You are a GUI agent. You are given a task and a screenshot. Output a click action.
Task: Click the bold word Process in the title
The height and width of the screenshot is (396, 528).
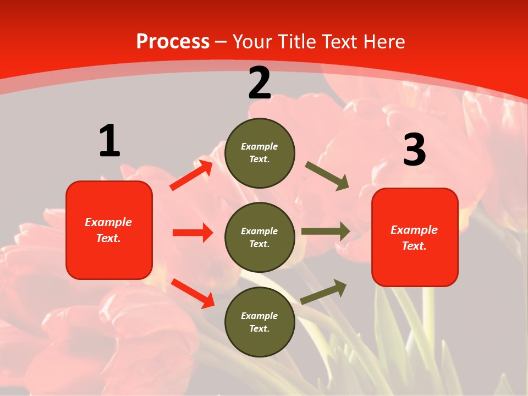coord(173,42)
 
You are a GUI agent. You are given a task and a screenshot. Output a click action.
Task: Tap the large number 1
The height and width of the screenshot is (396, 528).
coord(109,141)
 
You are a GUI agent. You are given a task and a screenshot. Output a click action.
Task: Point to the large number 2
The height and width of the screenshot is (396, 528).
coord(260,83)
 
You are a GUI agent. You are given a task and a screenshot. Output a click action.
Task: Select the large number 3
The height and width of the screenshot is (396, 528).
coord(414,150)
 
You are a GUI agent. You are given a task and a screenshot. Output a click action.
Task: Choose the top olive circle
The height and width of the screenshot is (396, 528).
coord(260,153)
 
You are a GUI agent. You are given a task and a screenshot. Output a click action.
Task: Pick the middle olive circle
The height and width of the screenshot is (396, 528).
coord(260,237)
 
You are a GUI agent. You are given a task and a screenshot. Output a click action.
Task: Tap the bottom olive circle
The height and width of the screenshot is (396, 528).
coord(260,322)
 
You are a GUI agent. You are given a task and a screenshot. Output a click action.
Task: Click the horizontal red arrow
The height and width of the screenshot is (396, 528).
coord(193,233)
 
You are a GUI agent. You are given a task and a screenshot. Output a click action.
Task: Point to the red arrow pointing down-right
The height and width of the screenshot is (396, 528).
coord(193,293)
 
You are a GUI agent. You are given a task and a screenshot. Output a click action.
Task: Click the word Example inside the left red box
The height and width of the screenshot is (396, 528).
coord(108,222)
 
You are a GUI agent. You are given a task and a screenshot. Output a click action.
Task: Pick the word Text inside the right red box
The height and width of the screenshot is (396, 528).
coord(414,246)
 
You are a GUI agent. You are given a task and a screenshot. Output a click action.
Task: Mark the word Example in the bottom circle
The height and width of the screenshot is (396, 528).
coord(260,316)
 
